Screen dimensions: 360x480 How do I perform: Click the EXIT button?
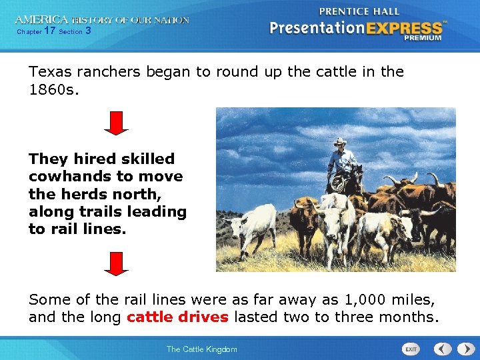pos(411,349)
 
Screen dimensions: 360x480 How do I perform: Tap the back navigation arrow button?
pos(443,349)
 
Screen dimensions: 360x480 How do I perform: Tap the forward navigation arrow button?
pos(463,349)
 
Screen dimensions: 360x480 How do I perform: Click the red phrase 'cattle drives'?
pos(177,317)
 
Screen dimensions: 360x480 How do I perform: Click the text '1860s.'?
pos(54,89)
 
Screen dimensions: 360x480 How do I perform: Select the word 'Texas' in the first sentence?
pos(49,71)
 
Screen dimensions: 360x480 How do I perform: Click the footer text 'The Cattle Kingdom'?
pos(201,349)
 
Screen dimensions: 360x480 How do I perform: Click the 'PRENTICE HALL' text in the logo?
pos(359,11)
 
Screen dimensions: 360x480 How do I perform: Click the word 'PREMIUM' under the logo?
pos(423,38)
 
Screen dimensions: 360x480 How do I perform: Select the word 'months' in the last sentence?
pos(411,317)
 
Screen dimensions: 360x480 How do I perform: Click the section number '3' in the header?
pos(88,31)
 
